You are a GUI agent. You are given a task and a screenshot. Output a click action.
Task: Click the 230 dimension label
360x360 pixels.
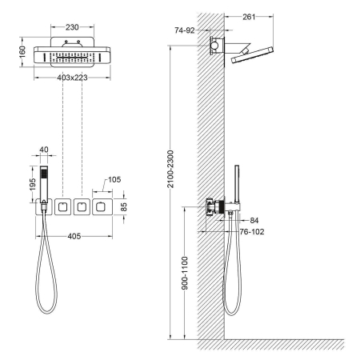72,27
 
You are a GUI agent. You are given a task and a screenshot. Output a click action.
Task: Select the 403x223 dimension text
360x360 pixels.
72,78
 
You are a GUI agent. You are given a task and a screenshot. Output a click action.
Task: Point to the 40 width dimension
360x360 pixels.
44,150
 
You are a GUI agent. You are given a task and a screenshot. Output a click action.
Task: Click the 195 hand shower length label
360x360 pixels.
33,184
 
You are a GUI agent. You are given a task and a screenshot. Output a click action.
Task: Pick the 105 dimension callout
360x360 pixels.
114,179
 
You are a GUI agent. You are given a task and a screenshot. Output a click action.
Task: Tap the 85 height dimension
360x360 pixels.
124,207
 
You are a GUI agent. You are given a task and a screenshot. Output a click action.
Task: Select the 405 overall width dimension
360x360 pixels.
74,236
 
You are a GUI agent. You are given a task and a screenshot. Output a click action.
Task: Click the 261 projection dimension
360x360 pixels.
249,17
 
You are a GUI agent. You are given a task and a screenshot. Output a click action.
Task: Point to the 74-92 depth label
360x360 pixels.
185,30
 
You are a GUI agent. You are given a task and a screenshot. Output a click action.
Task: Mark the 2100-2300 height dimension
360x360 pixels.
170,170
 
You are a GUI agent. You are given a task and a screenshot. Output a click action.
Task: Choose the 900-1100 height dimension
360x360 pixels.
185,273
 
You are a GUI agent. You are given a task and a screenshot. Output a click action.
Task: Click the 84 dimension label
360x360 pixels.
254,221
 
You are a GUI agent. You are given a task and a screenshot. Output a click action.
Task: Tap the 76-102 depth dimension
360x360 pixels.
252,232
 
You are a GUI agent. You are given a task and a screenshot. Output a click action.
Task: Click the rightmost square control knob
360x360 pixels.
100,207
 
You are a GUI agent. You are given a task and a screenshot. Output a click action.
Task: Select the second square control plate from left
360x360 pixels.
62,207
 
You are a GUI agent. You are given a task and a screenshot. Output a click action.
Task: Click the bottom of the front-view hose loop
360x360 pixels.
46,313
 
